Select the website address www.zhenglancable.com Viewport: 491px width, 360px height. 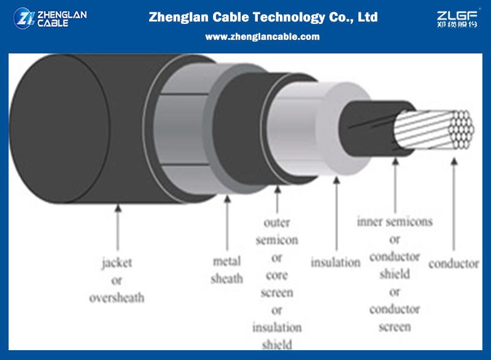pos(262,37)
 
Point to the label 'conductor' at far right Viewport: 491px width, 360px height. pos(454,264)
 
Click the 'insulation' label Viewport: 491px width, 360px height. pos(335,262)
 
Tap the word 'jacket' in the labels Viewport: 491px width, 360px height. pos(117,263)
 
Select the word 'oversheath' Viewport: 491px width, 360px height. pos(117,298)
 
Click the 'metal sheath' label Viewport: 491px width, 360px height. pos(227,270)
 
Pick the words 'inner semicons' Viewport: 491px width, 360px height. pos(395,222)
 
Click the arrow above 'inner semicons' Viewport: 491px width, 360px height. pos(395,184)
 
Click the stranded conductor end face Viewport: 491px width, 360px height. pos(460,128)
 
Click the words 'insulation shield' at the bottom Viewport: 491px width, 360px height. pos(277,335)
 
